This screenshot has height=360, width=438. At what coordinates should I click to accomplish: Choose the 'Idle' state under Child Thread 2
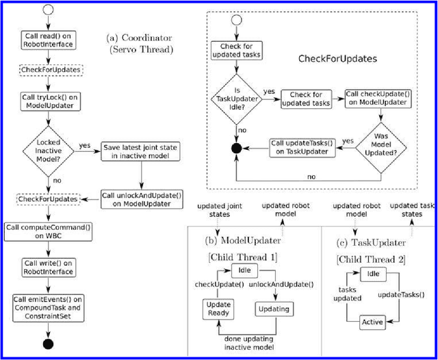pos(374,274)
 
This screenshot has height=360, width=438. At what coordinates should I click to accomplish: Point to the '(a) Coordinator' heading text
pos(140,39)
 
